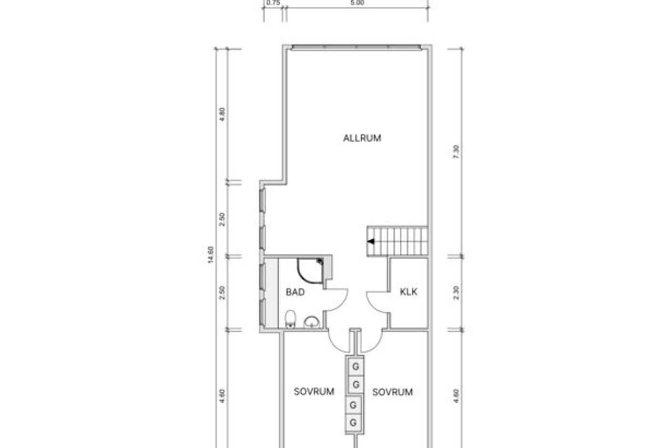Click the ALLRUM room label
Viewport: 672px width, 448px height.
pos(362,138)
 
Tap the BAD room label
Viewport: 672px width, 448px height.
pos(295,292)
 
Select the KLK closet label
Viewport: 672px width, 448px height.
pos(408,292)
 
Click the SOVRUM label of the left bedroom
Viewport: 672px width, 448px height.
pos(314,392)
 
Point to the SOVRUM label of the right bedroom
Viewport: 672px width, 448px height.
pos(392,392)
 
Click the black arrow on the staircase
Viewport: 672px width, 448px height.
pos(371,241)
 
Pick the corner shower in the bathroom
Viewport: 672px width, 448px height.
pos(310,271)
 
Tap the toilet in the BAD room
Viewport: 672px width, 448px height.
pos(290,319)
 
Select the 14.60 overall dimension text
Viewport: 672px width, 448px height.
pos(211,255)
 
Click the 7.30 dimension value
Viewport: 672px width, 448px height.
pos(456,152)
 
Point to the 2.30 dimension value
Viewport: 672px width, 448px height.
pos(456,293)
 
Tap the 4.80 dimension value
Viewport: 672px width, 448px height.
pos(222,114)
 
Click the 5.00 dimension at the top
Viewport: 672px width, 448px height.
pos(357,3)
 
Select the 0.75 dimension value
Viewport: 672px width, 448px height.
pos(273,3)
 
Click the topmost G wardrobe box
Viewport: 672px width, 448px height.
pos(356,367)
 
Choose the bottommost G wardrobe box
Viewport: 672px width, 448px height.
pos(353,423)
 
